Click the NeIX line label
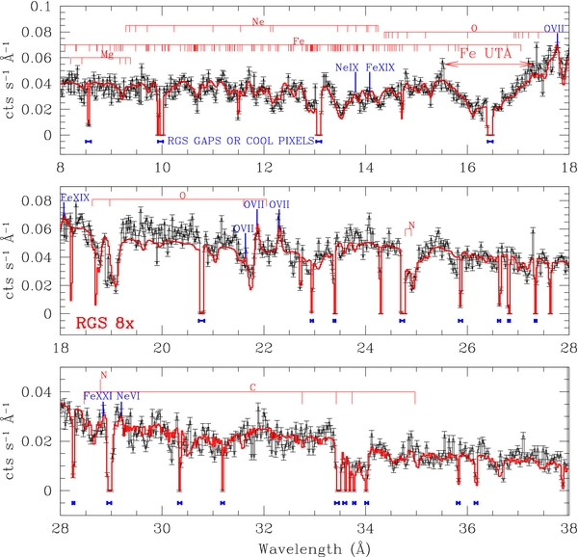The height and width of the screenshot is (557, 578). (346, 67)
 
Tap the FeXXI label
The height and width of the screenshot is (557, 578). (97, 396)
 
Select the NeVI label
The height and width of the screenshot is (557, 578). (128, 396)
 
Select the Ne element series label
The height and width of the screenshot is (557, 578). (256, 21)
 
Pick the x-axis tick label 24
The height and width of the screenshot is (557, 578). (366, 348)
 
